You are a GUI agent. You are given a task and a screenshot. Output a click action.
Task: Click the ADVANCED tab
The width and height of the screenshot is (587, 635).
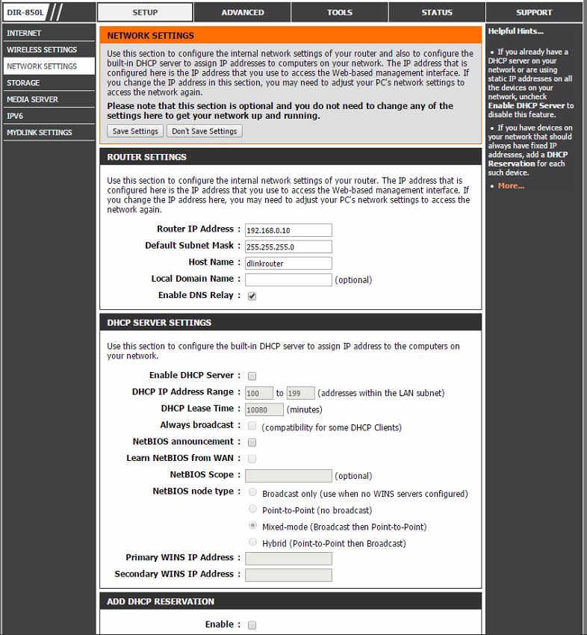pos(242,12)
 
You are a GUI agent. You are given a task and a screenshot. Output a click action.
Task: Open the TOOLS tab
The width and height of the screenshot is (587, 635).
pos(339,12)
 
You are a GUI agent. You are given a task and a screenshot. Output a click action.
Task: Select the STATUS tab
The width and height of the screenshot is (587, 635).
pos(436,12)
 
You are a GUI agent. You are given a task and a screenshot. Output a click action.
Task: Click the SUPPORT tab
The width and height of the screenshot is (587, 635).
pos(534,12)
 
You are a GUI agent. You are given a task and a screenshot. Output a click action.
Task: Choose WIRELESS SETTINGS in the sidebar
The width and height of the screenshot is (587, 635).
pos(42,49)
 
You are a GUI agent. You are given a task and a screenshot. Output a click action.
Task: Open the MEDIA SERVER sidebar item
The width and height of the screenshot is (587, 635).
pos(32,99)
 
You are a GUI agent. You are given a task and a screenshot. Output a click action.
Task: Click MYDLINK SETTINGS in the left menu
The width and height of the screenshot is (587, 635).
pos(40,132)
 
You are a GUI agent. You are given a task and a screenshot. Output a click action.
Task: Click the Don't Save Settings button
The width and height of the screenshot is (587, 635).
pos(204,131)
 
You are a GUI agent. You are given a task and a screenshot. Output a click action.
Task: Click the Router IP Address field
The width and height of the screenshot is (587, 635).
pos(288,229)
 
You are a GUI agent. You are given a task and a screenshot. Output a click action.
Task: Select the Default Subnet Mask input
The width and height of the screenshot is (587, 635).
pos(288,246)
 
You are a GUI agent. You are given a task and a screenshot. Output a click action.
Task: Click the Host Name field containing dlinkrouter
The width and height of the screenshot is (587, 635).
pos(288,263)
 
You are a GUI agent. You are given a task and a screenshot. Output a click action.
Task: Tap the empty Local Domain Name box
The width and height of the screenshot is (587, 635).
pos(288,279)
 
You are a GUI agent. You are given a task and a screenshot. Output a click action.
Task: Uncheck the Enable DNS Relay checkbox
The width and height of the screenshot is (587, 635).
pos(252,296)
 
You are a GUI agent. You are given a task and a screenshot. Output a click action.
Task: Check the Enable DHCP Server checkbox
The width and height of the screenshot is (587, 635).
pos(252,376)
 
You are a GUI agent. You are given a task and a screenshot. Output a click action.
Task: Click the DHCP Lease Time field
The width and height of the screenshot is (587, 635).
pos(264,409)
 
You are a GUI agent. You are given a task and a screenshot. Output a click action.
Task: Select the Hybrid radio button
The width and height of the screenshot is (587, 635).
pos(253,542)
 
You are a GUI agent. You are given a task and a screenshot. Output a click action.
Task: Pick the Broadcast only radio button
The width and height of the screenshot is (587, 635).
pos(253,493)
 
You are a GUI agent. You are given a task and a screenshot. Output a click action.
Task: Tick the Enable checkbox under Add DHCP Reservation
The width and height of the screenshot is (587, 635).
pos(252,625)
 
